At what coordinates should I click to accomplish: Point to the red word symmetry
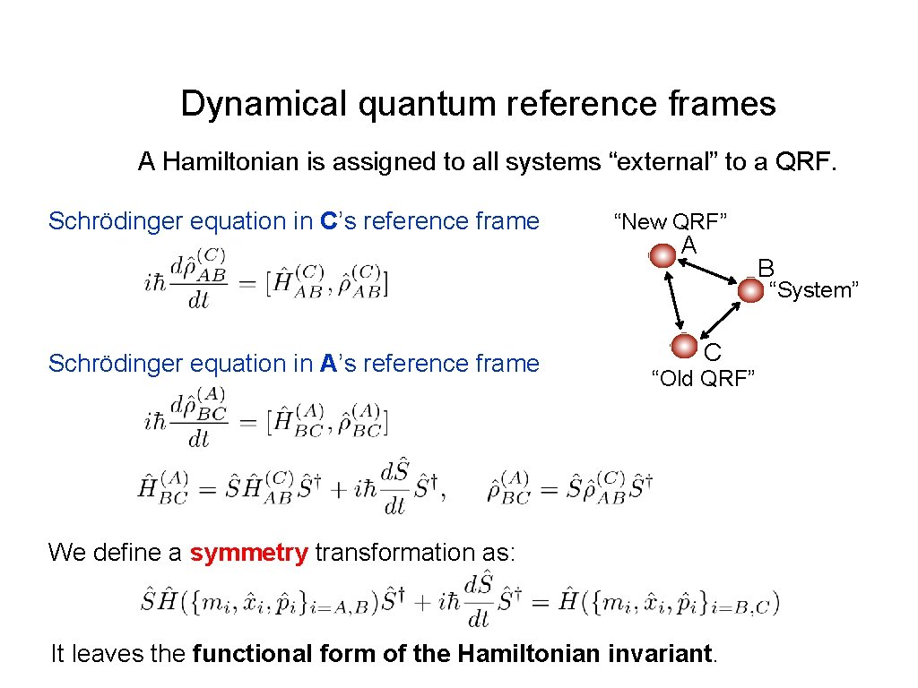click(248, 553)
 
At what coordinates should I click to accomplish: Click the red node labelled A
click(663, 255)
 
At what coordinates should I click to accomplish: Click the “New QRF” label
click(670, 221)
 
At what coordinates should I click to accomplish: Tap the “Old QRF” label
click(703, 379)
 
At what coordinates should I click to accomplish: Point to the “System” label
click(815, 290)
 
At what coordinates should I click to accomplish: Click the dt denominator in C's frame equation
click(199, 300)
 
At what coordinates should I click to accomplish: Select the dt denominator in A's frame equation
click(199, 439)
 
